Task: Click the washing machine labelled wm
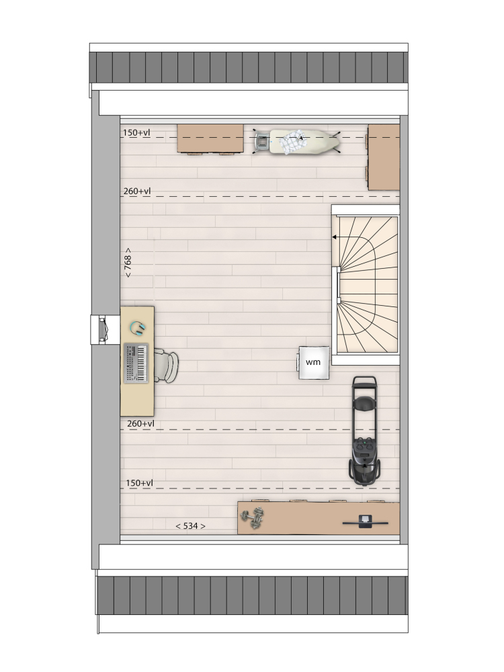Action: coord(314,363)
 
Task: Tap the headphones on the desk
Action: coord(138,328)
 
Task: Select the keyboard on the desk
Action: coord(136,363)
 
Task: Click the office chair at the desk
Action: coord(166,366)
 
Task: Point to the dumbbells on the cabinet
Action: coord(252,517)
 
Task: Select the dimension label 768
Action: coord(128,262)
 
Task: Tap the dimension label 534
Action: coord(190,526)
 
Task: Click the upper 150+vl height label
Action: coord(136,132)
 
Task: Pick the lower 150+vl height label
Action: coord(139,483)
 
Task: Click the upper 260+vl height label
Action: coord(137,191)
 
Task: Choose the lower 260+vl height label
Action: coord(140,423)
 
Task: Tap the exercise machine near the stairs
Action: coord(365,430)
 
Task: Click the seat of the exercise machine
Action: coord(364,404)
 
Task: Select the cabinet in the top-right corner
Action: coord(384,157)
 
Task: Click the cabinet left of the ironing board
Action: coord(210,138)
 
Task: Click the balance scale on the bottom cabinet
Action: coord(365,521)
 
